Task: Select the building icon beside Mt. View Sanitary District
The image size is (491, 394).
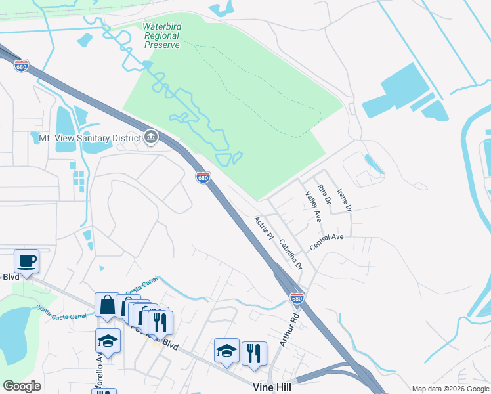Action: tap(152, 137)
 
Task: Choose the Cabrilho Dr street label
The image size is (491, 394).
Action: tap(289, 254)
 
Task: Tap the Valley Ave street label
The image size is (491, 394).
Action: tap(313, 206)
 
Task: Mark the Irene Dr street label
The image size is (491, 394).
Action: tap(345, 200)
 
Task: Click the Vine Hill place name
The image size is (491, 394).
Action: tap(272, 387)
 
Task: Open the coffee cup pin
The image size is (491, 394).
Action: tap(26, 261)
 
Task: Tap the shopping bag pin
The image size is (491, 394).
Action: tap(107, 305)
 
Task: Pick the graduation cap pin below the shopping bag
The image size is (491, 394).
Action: tap(108, 341)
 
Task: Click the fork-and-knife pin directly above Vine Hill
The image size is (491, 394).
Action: tap(254, 353)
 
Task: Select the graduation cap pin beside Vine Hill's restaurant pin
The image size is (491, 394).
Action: tap(226, 351)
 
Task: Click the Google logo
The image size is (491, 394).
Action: tap(22, 386)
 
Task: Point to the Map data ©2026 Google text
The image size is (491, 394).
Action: tap(450, 389)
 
